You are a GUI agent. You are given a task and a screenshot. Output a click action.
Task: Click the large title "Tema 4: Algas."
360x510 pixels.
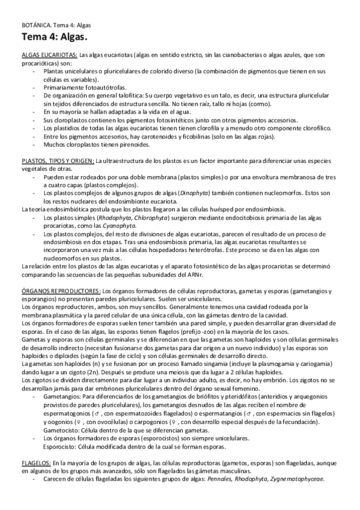(52, 38)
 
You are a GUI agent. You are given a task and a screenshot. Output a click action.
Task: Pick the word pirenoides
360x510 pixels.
(129, 144)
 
